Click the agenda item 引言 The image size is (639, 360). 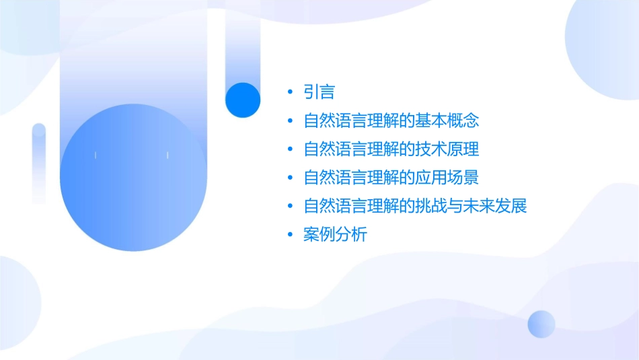point(319,92)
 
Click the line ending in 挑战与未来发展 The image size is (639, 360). point(414,206)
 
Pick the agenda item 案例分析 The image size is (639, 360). point(335,235)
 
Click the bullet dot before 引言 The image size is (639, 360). point(290,92)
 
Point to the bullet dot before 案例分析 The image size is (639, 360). point(290,235)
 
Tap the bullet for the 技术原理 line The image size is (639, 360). point(290,149)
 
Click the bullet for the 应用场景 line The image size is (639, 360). point(290,178)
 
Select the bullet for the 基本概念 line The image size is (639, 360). point(290,121)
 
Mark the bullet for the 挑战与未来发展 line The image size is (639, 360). point(290,206)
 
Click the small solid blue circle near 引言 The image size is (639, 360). point(243,100)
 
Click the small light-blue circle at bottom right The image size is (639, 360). point(541,324)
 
